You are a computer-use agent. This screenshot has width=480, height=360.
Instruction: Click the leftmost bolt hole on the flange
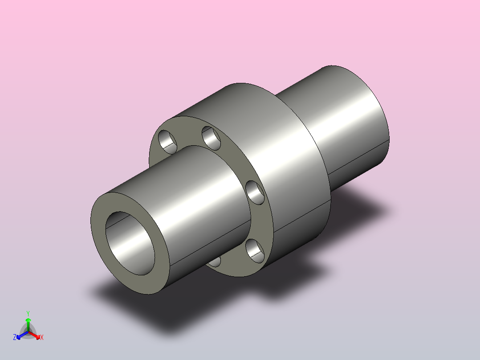coord(167,142)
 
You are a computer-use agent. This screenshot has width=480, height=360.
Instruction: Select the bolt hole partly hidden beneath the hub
coord(215,262)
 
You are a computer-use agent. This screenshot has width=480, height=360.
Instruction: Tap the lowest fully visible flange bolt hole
coord(255,251)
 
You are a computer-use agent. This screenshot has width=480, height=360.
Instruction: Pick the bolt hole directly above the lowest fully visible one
coord(255,193)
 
